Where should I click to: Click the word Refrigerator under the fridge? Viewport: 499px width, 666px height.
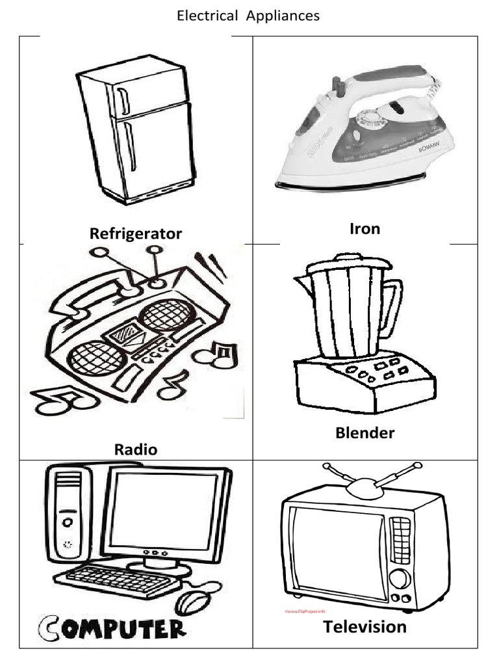136,233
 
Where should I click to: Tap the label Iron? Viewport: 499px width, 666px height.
365,228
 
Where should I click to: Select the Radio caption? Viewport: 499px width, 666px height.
136,449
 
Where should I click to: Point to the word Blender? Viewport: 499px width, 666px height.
365,433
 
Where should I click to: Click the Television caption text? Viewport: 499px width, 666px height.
365,627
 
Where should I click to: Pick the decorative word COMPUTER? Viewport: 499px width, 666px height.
111,628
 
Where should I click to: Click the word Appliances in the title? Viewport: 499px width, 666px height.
283,16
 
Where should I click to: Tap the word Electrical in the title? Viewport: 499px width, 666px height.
208,16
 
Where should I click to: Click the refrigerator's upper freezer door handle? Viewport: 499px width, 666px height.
123,101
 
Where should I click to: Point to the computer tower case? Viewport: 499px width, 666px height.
68,514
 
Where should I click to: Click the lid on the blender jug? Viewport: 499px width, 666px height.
349,263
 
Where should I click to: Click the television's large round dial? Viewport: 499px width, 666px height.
399,578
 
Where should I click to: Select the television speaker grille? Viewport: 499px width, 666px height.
400,540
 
